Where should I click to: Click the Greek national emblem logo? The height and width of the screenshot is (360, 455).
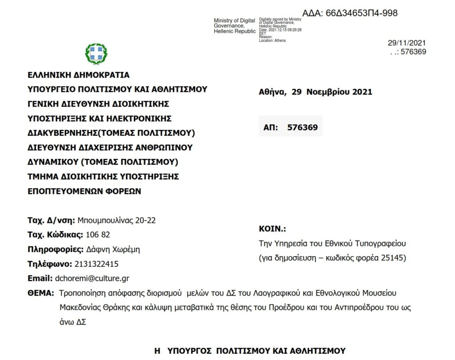(x=96, y=54)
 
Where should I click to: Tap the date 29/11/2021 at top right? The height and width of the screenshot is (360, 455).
(x=407, y=43)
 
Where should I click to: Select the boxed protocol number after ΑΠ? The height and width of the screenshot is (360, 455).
(x=302, y=127)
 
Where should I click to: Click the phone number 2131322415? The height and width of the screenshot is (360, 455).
(x=96, y=264)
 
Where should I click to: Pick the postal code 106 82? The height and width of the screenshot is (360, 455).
(x=98, y=234)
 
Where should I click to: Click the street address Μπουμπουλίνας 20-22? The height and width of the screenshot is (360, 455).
(x=116, y=220)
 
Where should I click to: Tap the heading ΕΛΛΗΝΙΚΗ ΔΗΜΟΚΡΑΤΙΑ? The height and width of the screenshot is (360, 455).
(x=78, y=75)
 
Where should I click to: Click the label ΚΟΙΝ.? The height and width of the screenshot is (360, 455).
(x=272, y=229)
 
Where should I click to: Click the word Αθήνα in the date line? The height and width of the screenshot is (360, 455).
(x=272, y=92)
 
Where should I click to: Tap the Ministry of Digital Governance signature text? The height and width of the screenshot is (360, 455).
(x=234, y=26)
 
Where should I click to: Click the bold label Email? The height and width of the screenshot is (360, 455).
(x=40, y=278)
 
